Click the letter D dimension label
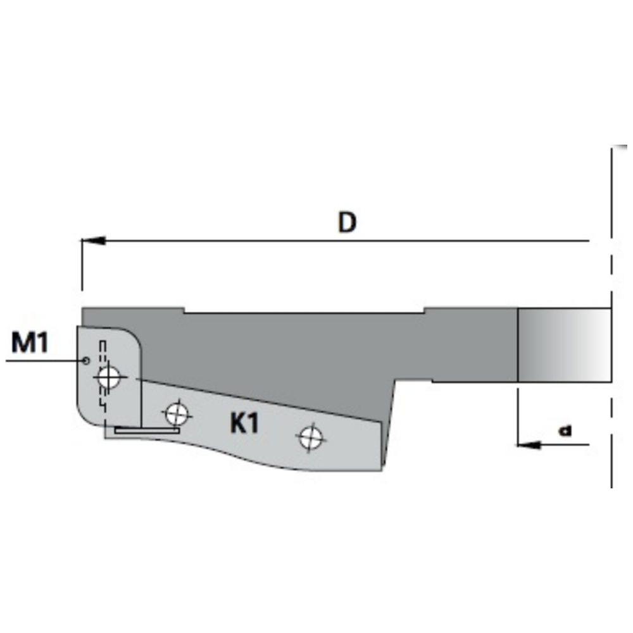(347, 222)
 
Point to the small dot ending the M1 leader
(86, 360)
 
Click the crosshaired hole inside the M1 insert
(108, 378)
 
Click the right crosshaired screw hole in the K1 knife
(310, 437)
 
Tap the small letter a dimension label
(565, 430)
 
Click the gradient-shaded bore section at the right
(564, 344)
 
